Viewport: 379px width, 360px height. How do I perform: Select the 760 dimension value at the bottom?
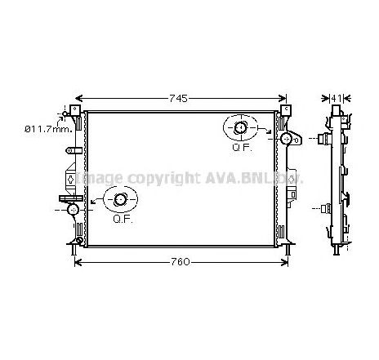click(x=181, y=261)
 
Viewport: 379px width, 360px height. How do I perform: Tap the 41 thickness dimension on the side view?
click(x=337, y=98)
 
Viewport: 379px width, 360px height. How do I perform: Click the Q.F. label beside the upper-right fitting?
click(x=241, y=148)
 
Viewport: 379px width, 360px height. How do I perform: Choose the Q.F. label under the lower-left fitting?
click(x=122, y=219)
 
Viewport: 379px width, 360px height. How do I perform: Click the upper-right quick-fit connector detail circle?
click(x=243, y=128)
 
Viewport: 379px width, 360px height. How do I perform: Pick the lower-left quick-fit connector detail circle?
click(x=121, y=199)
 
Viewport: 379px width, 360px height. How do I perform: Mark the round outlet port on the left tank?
click(x=74, y=210)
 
